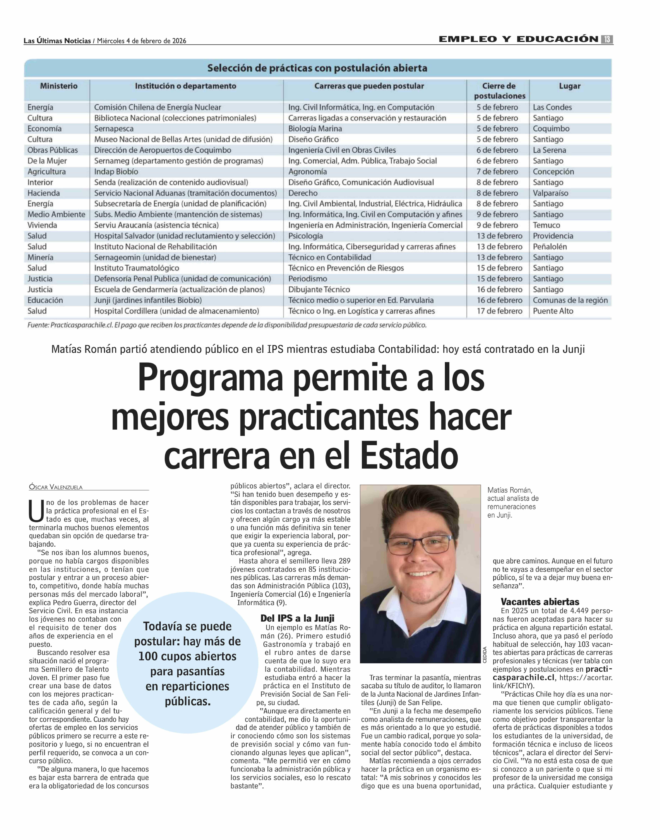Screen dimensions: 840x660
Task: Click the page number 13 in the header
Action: click(x=607, y=39)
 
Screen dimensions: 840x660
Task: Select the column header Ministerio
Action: click(x=59, y=86)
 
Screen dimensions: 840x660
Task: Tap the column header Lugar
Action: click(x=570, y=86)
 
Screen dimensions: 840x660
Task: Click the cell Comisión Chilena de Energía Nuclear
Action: click(x=158, y=107)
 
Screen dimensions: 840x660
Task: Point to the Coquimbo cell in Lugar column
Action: click(x=551, y=129)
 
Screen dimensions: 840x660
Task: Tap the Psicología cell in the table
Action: click(x=305, y=236)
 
